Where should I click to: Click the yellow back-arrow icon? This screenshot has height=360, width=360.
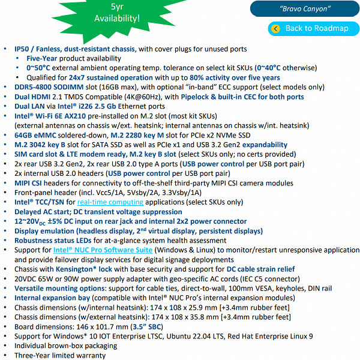pos(275,28)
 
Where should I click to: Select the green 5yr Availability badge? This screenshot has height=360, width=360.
pos(117,13)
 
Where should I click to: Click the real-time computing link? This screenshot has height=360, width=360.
pos(110,202)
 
